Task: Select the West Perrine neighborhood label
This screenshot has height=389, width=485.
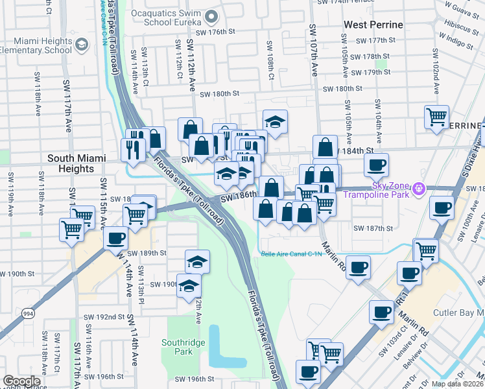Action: click(x=373, y=25)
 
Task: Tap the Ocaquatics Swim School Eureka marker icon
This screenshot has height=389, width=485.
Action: click(x=211, y=16)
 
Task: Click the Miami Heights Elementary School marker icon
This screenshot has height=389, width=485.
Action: click(x=82, y=45)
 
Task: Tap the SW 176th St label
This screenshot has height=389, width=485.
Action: click(x=215, y=31)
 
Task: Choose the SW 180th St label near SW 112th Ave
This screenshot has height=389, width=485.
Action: click(x=220, y=93)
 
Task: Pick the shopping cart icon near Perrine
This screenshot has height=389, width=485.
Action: click(x=436, y=117)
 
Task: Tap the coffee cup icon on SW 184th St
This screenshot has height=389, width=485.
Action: click(x=377, y=165)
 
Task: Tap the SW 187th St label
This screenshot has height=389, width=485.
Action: click(x=373, y=228)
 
